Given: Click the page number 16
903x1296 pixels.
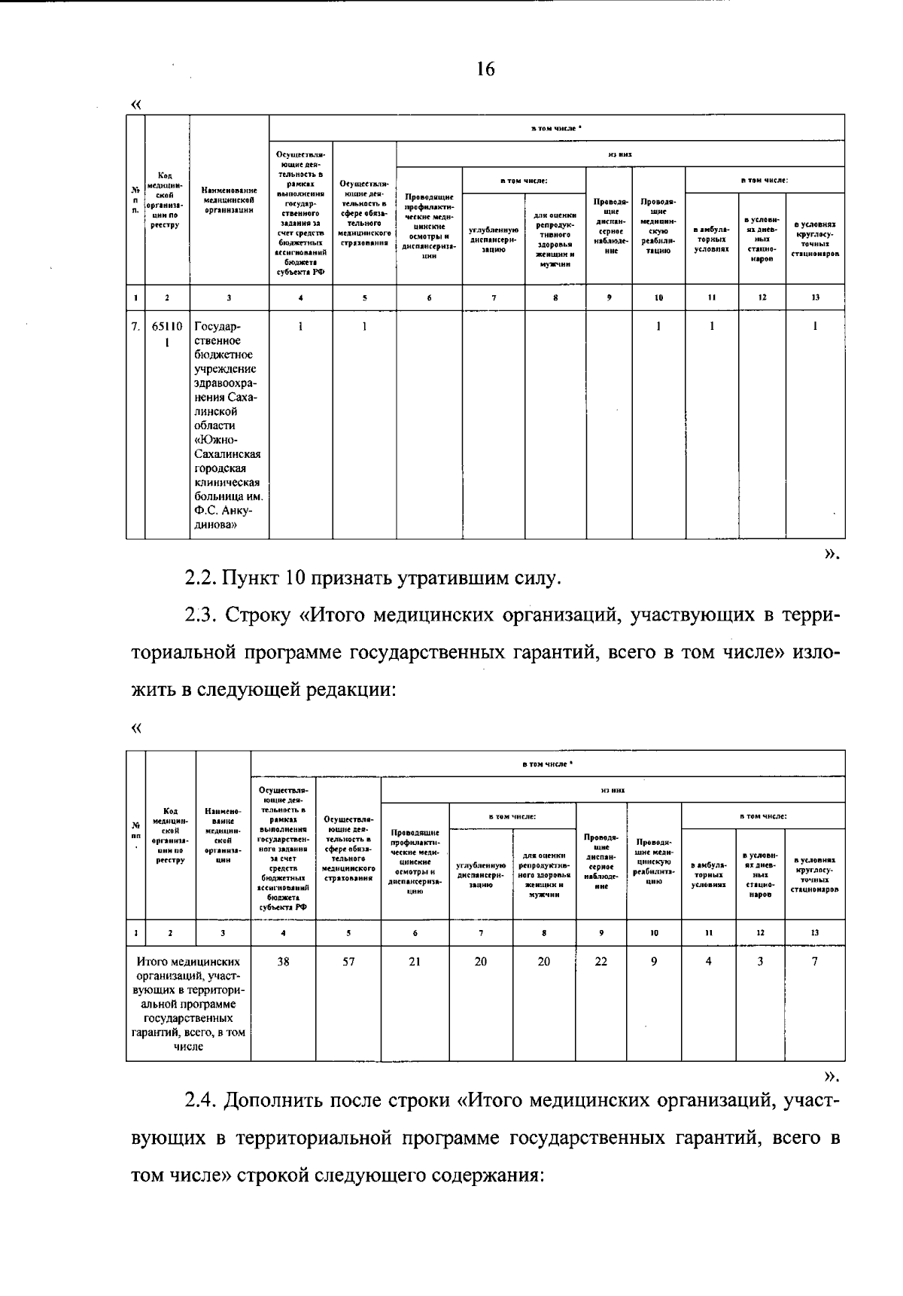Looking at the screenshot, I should pyautogui.click(x=485, y=70).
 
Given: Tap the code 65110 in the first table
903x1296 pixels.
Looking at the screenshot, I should pyautogui.click(x=167, y=327).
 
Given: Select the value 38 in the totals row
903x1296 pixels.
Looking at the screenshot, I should pyautogui.click(x=283, y=962).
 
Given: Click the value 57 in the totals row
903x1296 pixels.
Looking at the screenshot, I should pyautogui.click(x=348, y=962).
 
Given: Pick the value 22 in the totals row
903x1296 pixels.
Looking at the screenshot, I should pyautogui.click(x=600, y=962).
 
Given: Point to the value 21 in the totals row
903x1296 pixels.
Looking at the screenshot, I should pyautogui.click(x=415, y=962).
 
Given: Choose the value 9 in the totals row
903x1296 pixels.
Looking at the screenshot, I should pyautogui.click(x=654, y=962).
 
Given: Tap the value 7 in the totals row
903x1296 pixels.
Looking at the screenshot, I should pyautogui.click(x=814, y=962).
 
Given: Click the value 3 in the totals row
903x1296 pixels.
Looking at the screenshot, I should pyautogui.click(x=760, y=962).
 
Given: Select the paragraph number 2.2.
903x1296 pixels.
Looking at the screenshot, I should pyautogui.click(x=199, y=579).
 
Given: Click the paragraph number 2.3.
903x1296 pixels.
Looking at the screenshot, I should pyautogui.click(x=199, y=615).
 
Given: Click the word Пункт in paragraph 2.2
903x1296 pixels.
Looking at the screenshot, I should pyautogui.click(x=251, y=579).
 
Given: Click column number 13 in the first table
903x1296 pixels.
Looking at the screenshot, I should pyautogui.click(x=814, y=297).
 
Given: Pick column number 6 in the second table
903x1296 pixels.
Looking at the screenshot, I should pyautogui.click(x=415, y=933).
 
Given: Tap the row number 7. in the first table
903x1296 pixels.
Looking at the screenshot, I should pyautogui.click(x=135, y=327).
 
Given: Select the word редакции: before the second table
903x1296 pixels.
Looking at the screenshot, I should pyautogui.click(x=348, y=689).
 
